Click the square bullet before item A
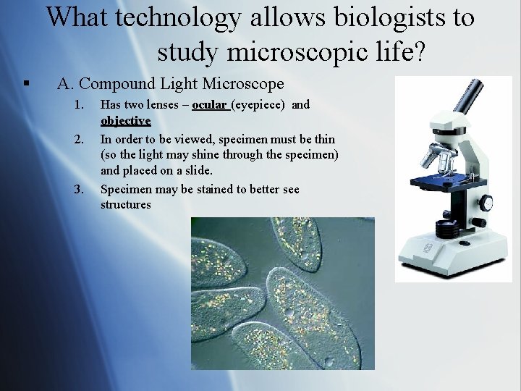tap(26, 85)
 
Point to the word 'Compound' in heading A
tap(119, 84)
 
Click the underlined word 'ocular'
tap(210, 105)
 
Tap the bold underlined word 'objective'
tap(125, 120)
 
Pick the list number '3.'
tap(80, 190)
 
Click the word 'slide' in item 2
tap(198, 171)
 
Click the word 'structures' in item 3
tap(126, 205)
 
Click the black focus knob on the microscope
tap(486, 203)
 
